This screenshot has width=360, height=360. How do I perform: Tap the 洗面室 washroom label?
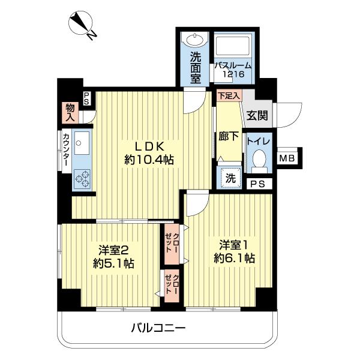pos(196,67)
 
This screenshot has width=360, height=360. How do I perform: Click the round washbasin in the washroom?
pos(195,41)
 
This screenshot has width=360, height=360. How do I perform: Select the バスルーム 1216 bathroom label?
pos(233,70)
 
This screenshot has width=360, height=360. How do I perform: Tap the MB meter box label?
pos(287,158)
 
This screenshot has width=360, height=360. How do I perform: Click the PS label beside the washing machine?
pos(257,185)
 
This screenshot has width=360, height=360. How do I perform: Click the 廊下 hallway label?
pos(229,136)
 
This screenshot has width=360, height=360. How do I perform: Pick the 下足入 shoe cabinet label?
pos(229,95)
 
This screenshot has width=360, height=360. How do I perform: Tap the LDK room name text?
pos(149,146)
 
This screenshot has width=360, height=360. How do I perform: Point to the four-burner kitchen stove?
pos(83,178)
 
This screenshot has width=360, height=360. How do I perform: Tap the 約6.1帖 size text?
pos(236,259)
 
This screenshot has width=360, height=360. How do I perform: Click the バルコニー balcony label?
pos(158,328)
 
